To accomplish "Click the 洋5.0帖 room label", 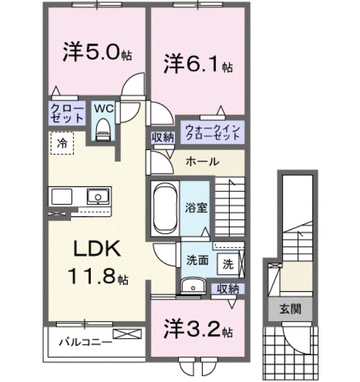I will (96, 53).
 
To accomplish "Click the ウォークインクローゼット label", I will (211, 132).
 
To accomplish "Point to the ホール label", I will (201, 162).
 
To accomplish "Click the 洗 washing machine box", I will (227, 264).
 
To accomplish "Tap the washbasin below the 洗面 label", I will (194, 286).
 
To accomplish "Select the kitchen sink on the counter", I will (96, 197).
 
